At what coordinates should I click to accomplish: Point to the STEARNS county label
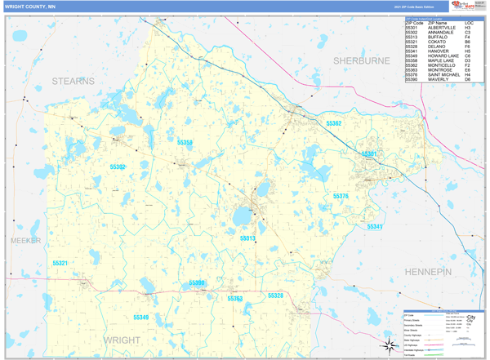point(73,81)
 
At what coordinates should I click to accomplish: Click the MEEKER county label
point(25,241)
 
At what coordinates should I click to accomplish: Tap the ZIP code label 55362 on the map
point(334,123)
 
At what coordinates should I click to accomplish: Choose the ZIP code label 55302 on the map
point(118,167)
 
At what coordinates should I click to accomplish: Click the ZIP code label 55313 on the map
point(247,238)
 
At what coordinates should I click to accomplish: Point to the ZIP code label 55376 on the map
point(341,197)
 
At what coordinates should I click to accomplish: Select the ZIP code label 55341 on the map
point(375,226)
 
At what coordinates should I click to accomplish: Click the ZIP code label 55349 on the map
point(141,317)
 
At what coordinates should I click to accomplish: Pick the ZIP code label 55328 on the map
point(275,296)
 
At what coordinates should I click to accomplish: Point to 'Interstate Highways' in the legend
point(416,351)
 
